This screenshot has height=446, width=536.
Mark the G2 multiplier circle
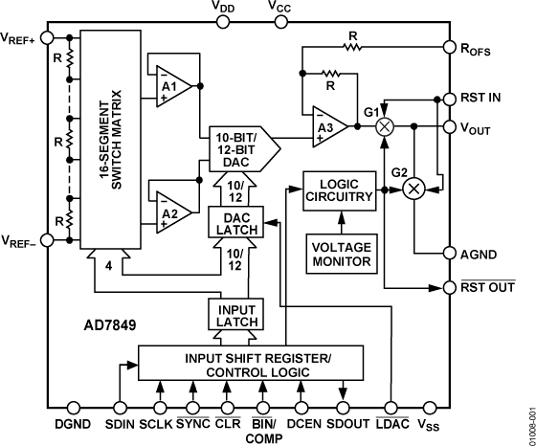pos(413,189)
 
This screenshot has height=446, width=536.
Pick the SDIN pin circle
pos(120,406)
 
